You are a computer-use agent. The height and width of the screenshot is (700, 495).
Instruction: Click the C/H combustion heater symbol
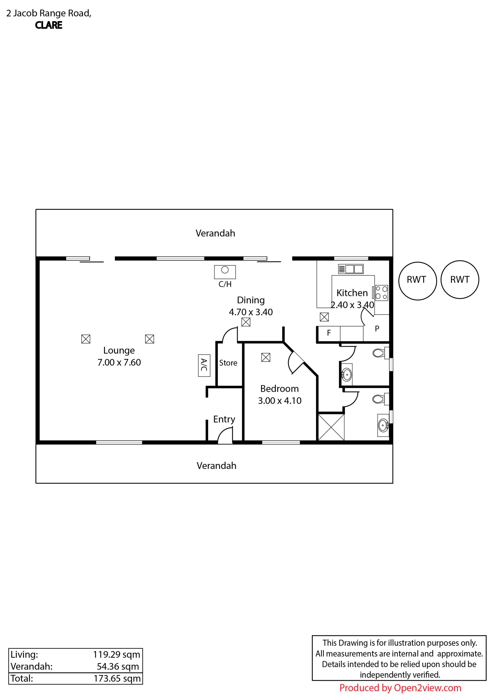[x=225, y=272]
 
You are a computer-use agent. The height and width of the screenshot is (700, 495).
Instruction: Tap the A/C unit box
[x=204, y=365]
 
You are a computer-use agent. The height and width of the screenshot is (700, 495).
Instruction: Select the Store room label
[x=228, y=363]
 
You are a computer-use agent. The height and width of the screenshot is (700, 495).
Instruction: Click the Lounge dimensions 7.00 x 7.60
[x=119, y=362]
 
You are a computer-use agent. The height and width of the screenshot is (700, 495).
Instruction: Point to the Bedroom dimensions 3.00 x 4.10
[x=279, y=401]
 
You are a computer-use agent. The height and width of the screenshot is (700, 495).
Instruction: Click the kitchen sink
[x=351, y=269]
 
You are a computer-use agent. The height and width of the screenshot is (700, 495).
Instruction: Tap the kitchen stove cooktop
[x=381, y=293]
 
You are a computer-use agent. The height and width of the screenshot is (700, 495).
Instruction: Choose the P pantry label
[x=377, y=329]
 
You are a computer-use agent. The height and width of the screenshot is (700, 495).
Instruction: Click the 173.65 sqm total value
[x=117, y=678]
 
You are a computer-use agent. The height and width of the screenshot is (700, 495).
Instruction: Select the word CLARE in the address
[x=48, y=25]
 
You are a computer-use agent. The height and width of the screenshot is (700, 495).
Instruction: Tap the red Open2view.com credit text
[x=400, y=688]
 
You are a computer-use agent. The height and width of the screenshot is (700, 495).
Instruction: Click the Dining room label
[x=251, y=300]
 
